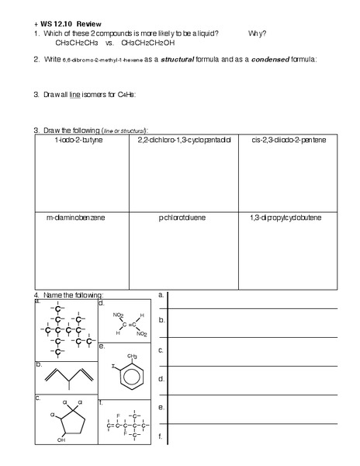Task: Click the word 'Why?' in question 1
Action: pos(258,33)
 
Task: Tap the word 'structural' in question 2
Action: pos(179,59)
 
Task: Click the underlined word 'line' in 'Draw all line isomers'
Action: pos(75,95)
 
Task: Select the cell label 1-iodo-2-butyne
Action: pos(79,141)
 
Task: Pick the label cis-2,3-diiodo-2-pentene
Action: pos(289,141)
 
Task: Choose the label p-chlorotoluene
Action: pos(182,218)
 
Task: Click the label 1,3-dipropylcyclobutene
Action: pos(289,217)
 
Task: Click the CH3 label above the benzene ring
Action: pos(133,356)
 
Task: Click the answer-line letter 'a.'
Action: pos(161,295)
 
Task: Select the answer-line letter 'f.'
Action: pos(160,436)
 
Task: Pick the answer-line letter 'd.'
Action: pos(161,379)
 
